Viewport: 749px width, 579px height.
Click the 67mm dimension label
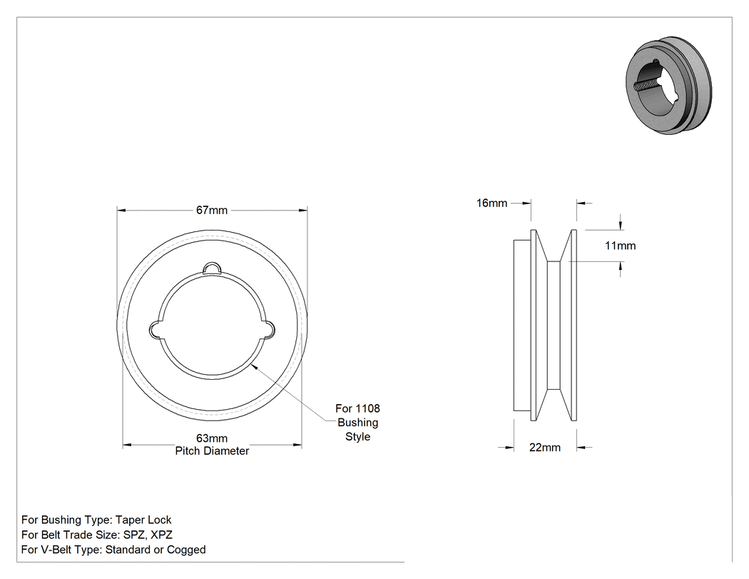[x=212, y=211]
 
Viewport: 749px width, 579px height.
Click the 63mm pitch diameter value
[x=212, y=438]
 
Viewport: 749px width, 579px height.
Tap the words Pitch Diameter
[x=212, y=451]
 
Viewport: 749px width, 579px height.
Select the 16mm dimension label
[x=491, y=203]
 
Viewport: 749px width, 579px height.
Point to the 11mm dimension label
[x=620, y=246]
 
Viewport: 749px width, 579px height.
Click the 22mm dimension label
[x=544, y=448]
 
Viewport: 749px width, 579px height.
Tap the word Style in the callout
[x=358, y=436]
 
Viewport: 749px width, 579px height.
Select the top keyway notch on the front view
[x=212, y=268]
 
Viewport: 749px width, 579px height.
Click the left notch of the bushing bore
[x=156, y=329]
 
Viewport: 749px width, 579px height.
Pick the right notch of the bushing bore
[x=268, y=329]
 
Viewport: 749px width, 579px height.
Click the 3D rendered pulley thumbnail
[x=668, y=85]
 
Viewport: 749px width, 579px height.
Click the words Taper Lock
[x=143, y=520]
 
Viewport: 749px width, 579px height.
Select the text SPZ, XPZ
[x=148, y=535]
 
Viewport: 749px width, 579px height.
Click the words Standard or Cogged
[x=156, y=550]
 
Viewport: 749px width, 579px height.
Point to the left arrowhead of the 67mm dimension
[x=121, y=211]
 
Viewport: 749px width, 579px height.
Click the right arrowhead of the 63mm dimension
[x=297, y=445]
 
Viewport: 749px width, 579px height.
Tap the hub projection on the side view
[x=522, y=325]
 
